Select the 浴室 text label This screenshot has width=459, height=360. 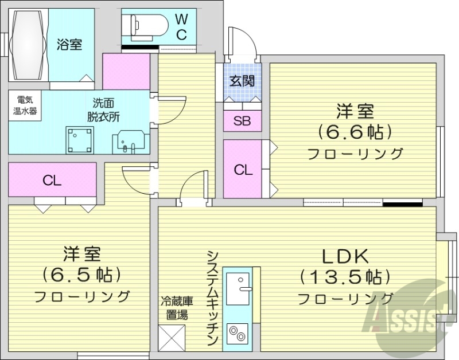(69, 44)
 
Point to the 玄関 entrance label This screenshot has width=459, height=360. (242, 81)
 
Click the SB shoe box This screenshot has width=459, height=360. (242, 120)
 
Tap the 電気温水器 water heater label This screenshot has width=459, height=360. (25, 105)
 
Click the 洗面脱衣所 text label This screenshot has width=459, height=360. (103, 109)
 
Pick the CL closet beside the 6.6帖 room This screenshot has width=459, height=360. (242, 170)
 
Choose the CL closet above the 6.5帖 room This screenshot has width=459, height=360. (52, 181)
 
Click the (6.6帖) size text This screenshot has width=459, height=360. (356, 132)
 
